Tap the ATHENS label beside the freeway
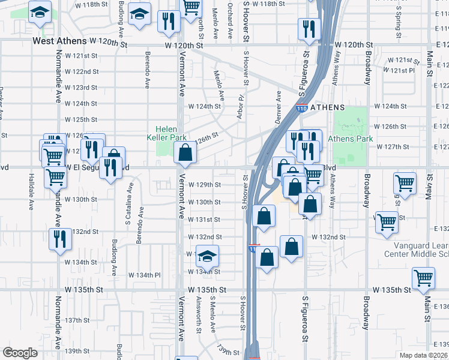(327, 107)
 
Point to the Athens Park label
(351, 139)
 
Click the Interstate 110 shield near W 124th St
(302, 108)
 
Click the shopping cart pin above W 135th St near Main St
(424, 278)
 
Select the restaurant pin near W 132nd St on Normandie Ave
(60, 239)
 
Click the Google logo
(20, 353)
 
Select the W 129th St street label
(205, 185)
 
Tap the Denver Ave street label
(279, 104)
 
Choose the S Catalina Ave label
(128, 192)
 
